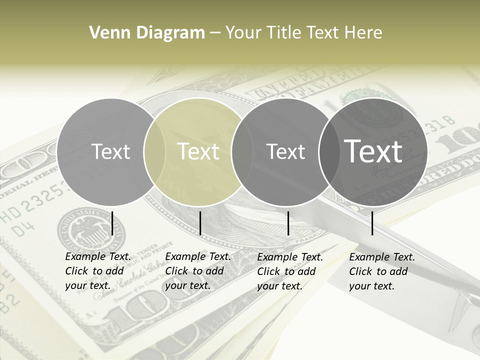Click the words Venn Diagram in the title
click(147, 33)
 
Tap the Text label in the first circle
click(111, 151)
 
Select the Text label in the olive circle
click(198, 151)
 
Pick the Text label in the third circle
click(285, 151)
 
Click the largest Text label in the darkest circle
click(373, 151)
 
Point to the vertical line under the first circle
click(112, 223)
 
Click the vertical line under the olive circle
click(200, 223)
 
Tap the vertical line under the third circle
click(288, 223)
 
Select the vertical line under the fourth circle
click(372, 223)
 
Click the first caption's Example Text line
click(98, 256)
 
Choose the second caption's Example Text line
click(198, 256)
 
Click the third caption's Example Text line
click(290, 257)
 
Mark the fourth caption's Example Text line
click(382, 257)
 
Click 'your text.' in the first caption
click(87, 285)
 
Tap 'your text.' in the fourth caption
click(371, 286)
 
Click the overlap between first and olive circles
click(154, 151)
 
